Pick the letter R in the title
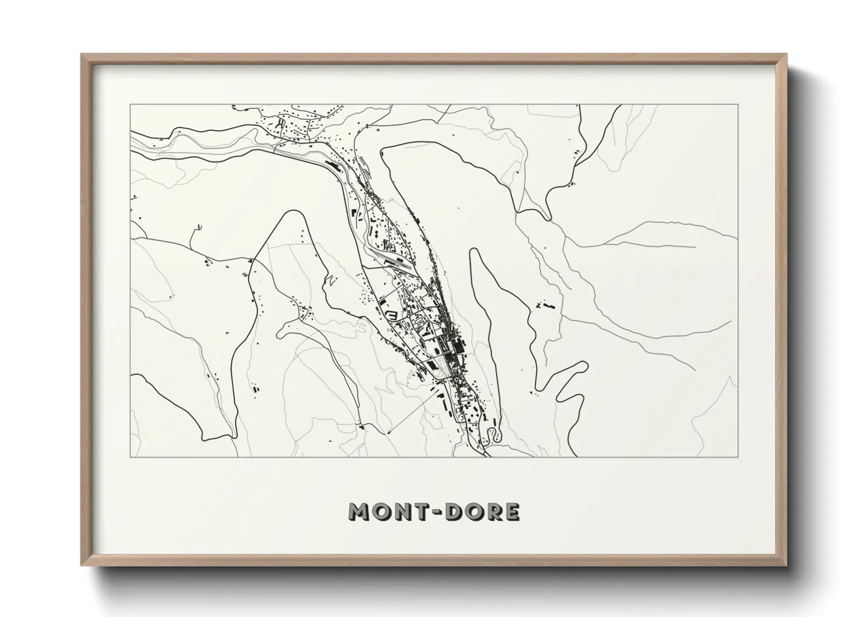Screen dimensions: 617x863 (495, 512)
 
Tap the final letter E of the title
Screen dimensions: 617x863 (513, 512)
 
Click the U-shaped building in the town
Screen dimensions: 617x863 (391, 315)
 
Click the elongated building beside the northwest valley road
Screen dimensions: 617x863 (333, 167)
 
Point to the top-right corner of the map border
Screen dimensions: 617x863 (738, 104)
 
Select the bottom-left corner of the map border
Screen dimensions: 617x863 (130, 457)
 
